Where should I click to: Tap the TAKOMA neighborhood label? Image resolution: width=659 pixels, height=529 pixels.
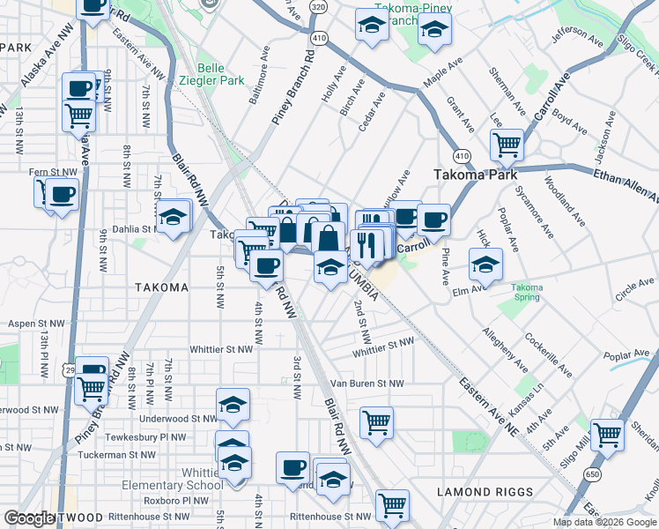click(161, 287)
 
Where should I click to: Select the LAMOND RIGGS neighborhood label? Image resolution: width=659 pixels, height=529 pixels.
click(485, 492)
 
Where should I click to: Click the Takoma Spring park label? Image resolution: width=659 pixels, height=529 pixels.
click(527, 292)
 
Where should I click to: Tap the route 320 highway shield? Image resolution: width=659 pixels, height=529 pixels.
click(319, 6)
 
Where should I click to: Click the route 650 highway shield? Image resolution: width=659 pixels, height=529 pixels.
click(586, 475)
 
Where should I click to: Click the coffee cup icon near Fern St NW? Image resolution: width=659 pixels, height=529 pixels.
click(62, 194)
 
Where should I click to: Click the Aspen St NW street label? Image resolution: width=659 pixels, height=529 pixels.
click(35, 324)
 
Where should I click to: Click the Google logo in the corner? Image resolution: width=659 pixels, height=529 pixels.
click(29, 518)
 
